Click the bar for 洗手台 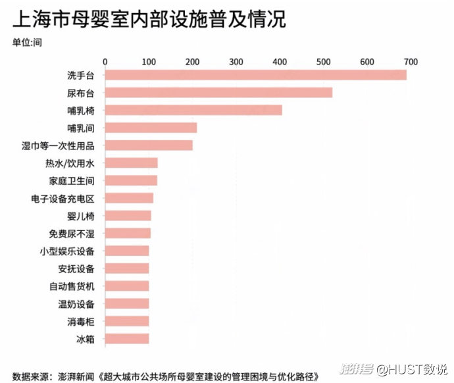pyautogui.click(x=256, y=74)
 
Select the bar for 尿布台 pyautogui.click(x=218, y=92)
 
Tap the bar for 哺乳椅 pyautogui.click(x=193, y=110)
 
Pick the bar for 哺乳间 pyautogui.click(x=151, y=128)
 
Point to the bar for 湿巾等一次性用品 pyautogui.click(x=149, y=145)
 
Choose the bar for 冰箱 pyautogui.click(x=127, y=339)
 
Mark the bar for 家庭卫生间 pyautogui.click(x=131, y=180)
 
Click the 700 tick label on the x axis pyautogui.click(x=411, y=61)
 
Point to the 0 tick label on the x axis pyautogui.click(x=105, y=61)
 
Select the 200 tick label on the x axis pyautogui.click(x=193, y=61)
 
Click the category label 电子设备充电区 pyautogui.click(x=63, y=198)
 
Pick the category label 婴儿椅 pyautogui.click(x=81, y=216)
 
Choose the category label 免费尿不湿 pyautogui.click(x=72, y=233)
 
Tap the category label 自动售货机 pyautogui.click(x=72, y=286)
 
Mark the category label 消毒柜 pyautogui.click(x=81, y=322)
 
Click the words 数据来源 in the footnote pyautogui.click(x=30, y=376)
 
